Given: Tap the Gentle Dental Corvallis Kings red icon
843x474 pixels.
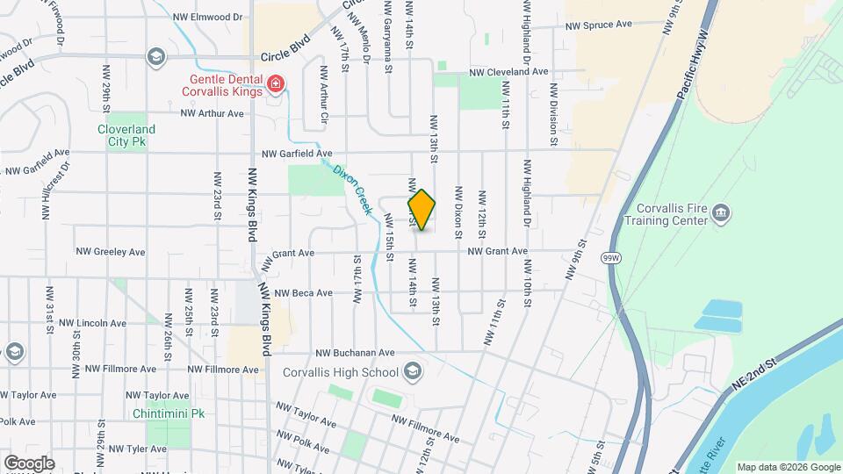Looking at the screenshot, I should tap(276, 84).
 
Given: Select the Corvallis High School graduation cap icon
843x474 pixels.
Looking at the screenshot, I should tap(412, 372).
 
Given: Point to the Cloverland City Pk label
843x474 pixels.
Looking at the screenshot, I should tap(126, 135).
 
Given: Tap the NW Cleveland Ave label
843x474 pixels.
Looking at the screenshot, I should tap(508, 72).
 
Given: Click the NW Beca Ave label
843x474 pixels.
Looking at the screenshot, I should tap(303, 293).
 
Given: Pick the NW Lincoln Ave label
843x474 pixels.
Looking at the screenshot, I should tap(102, 323).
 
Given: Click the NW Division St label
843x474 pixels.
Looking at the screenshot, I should tap(553, 114).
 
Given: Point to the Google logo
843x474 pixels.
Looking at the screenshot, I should tap(29, 463).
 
